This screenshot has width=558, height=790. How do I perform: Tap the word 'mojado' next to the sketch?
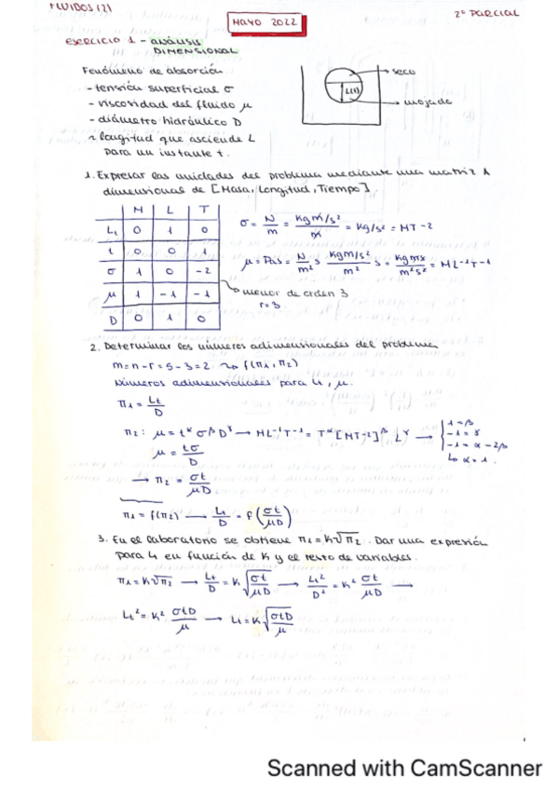[x=429, y=102]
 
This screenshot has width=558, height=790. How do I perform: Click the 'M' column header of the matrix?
[x=140, y=211]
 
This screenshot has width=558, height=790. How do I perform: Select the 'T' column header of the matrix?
[x=204, y=211]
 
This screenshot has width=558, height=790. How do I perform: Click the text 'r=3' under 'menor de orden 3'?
[x=264, y=304]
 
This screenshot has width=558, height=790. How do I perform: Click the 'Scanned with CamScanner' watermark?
[x=404, y=769]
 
